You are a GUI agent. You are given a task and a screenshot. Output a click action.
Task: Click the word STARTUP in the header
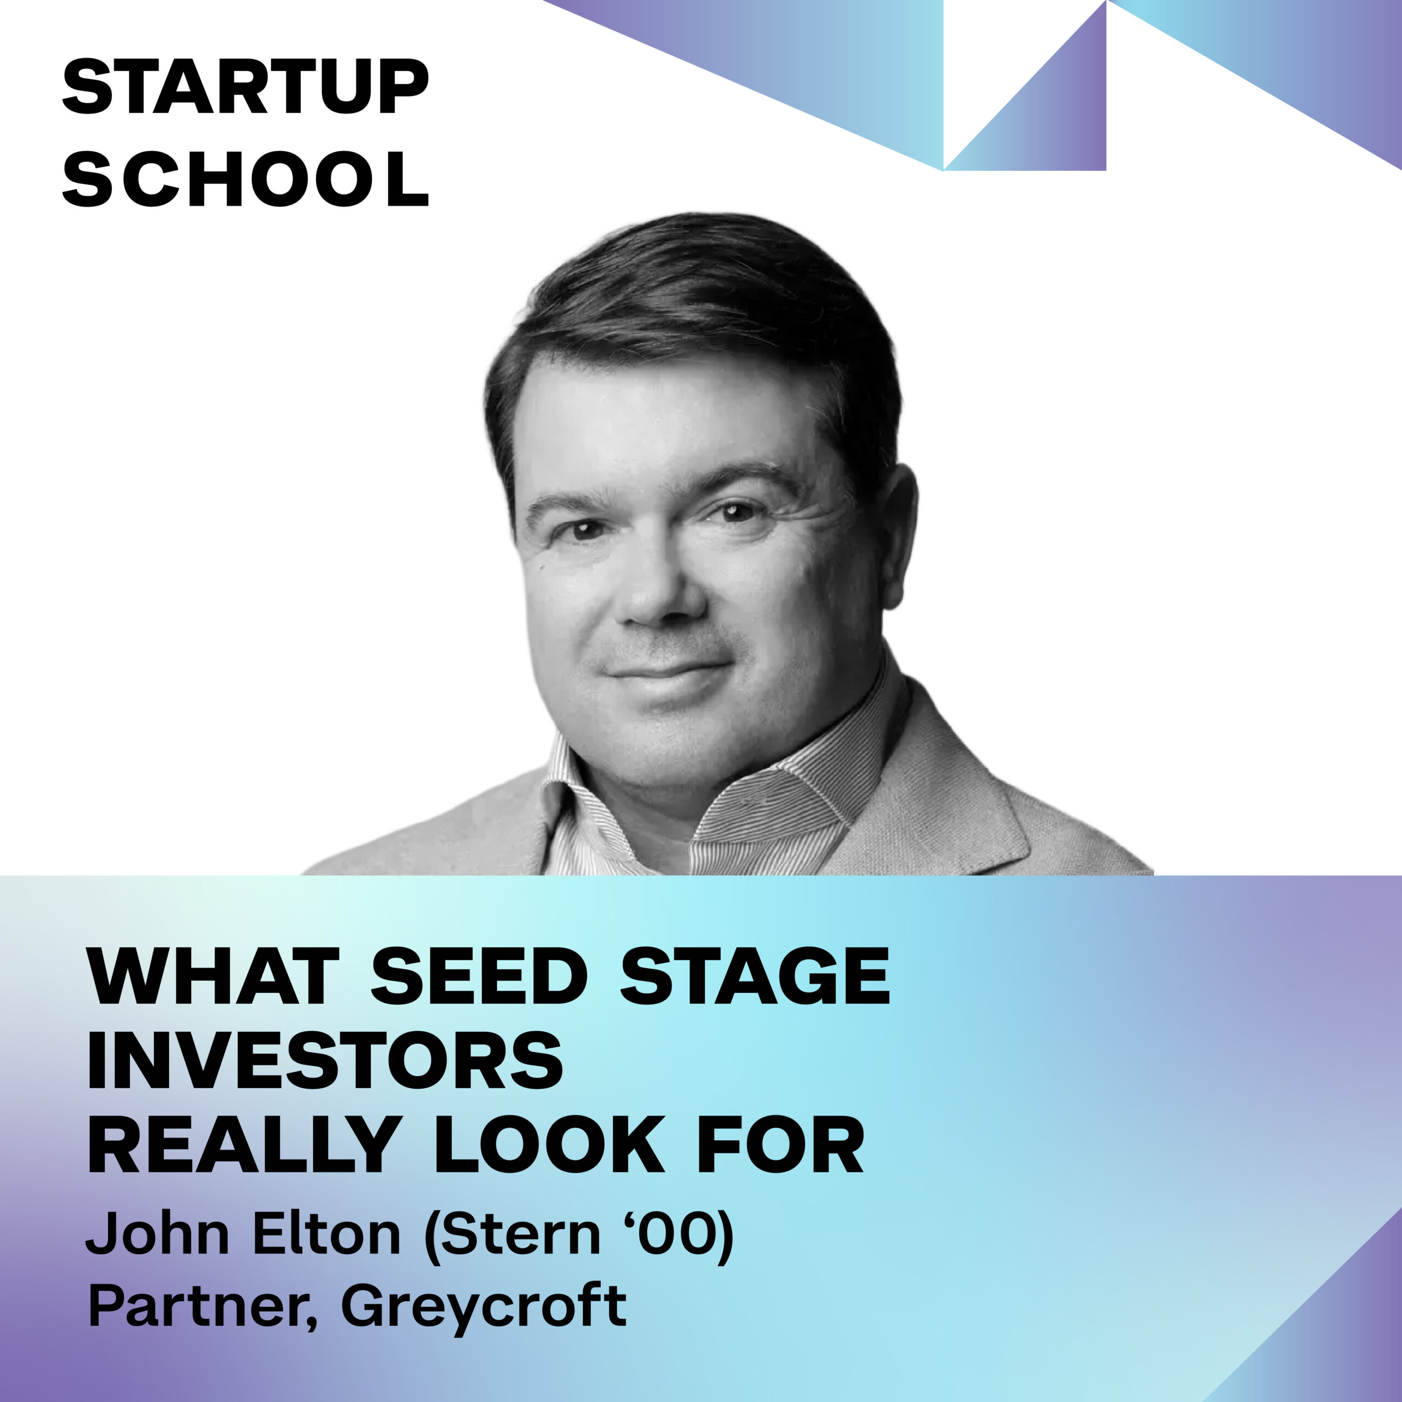pyautogui.click(x=245, y=87)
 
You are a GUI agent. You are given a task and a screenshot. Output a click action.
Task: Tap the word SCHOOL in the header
pyautogui.click(x=245, y=179)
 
